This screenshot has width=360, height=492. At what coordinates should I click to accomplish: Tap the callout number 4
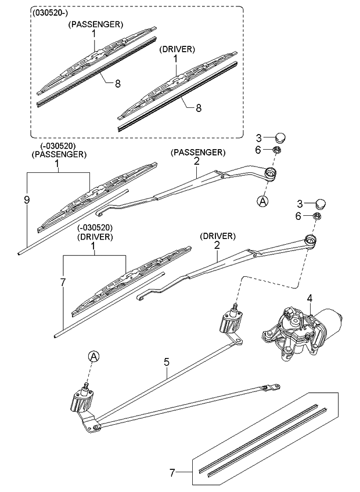(x=310, y=298)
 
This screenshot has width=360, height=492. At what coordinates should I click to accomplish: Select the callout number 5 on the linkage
(x=167, y=362)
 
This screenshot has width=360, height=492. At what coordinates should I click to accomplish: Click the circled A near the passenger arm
(x=262, y=201)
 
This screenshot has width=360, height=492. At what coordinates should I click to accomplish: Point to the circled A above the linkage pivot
(x=93, y=356)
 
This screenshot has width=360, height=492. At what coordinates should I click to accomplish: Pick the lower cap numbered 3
(x=321, y=204)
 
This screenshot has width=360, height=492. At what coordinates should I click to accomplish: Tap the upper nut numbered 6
(x=278, y=151)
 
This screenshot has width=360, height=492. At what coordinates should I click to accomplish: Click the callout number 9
(x=27, y=200)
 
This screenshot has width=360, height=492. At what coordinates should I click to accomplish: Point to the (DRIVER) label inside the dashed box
(x=177, y=50)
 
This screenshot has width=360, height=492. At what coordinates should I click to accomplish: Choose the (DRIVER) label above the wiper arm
(x=217, y=236)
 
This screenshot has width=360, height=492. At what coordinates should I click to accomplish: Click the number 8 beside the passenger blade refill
(x=117, y=83)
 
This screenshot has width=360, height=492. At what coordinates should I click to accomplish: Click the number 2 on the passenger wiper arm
(x=197, y=163)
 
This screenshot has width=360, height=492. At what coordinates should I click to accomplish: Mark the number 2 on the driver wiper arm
(x=217, y=246)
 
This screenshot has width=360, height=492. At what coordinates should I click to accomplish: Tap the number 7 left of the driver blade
(x=62, y=282)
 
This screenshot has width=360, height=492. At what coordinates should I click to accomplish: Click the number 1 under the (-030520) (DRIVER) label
(x=93, y=246)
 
